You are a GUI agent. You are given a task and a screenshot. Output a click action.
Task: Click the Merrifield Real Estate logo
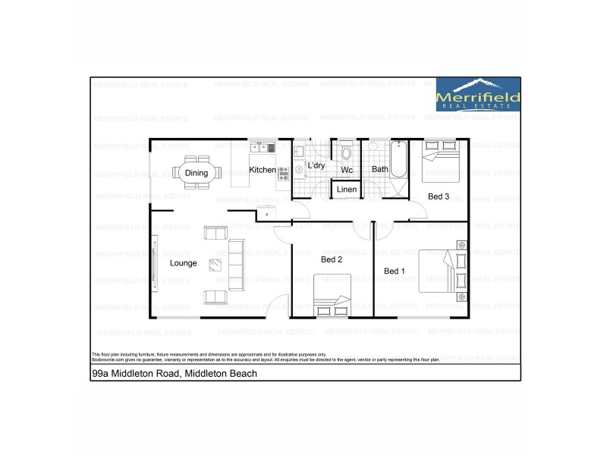tap(478, 95)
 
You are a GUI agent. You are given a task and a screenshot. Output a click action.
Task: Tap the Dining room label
tap(196, 173)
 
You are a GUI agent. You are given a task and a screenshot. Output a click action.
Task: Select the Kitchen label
tap(263, 170)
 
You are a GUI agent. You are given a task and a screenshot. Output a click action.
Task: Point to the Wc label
tap(347, 170)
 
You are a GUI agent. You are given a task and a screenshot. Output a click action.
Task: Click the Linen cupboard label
tap(347, 189)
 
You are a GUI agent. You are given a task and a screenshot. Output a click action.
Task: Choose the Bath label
tap(379, 170)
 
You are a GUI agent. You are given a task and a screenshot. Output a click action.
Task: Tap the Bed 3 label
tap(439, 196)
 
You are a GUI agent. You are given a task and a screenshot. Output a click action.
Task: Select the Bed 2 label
tap(332, 259)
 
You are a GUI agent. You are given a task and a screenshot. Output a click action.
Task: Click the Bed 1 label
tap(395, 271)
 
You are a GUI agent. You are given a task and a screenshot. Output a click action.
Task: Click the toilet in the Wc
tap(347, 151)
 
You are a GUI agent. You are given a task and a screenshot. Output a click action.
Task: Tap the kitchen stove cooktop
tap(284, 173)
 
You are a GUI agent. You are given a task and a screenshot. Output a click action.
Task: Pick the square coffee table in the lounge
tap(216, 265)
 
